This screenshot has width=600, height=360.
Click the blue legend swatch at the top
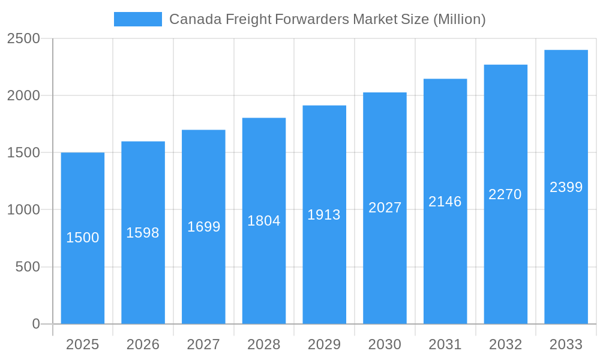tap(137, 19)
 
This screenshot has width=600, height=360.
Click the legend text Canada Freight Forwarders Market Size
tap(327, 19)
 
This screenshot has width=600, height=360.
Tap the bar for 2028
tap(264, 270)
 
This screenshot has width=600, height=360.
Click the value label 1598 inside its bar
tap(143, 233)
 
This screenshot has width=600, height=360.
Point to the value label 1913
tap(324, 215)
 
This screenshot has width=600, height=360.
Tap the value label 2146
tap(445, 202)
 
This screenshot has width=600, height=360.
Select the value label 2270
tap(505, 194)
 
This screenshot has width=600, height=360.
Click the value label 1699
tap(204, 227)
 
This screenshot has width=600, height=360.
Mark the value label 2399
tap(566, 187)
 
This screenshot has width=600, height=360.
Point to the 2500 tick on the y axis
tap(23, 39)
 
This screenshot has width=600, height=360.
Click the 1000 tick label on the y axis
tap(23, 210)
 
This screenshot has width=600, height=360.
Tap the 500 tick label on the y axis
tap(28, 267)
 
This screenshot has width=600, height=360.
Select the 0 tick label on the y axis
tap(36, 324)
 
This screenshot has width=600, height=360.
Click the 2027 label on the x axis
tap(203, 344)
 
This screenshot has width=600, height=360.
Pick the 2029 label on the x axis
tap(324, 344)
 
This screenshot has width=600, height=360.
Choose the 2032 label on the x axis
tap(505, 344)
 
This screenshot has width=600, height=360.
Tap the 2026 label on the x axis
tap(143, 344)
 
